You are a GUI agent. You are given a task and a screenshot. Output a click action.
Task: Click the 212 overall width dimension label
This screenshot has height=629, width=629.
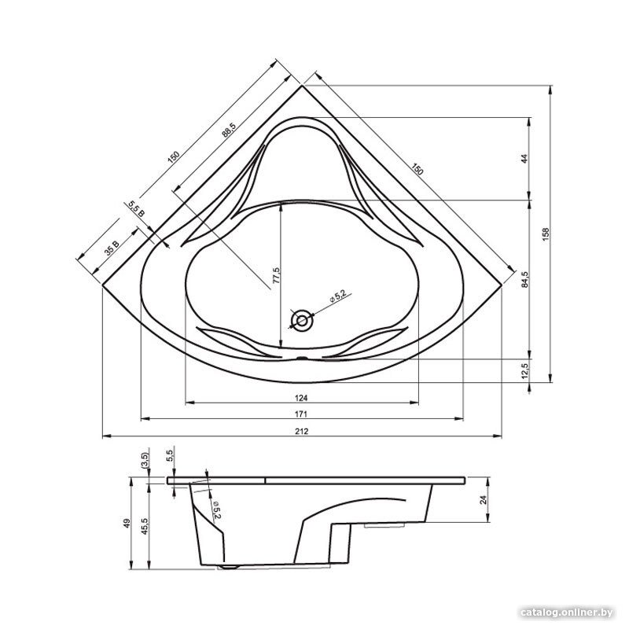[302, 431]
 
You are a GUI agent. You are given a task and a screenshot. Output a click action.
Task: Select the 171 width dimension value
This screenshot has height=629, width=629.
[301, 414]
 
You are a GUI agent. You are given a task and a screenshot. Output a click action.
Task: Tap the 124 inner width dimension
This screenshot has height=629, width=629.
[301, 398]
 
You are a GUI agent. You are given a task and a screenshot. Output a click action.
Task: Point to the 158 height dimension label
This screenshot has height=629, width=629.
[546, 234]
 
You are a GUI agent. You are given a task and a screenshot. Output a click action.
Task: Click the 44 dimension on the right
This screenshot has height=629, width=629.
[524, 159]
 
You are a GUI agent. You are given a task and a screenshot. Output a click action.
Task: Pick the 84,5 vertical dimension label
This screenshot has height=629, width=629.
[525, 279]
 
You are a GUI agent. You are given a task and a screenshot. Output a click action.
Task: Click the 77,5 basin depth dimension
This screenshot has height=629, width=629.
[276, 275]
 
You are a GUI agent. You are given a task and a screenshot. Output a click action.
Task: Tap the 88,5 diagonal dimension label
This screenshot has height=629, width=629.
[229, 130]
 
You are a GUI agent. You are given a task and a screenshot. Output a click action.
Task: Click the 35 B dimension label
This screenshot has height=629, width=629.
[112, 248]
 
